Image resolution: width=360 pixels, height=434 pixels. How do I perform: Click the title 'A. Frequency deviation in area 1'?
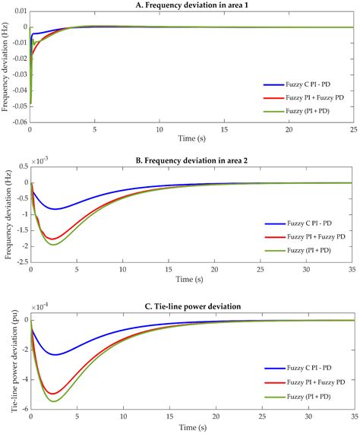[191, 5]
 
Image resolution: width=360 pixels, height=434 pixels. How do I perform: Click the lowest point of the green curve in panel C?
[54, 401]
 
